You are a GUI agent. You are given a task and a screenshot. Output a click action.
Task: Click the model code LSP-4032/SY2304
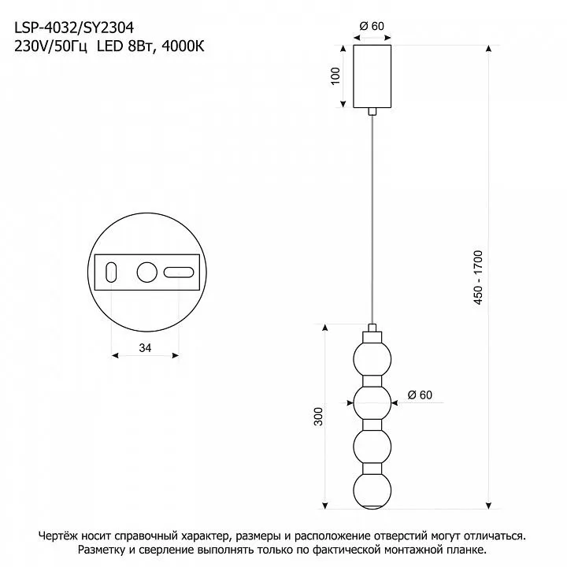[x=74, y=28]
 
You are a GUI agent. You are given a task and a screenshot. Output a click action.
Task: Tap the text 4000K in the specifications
[x=183, y=46]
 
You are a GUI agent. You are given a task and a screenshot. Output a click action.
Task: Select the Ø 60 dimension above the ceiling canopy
[x=372, y=26]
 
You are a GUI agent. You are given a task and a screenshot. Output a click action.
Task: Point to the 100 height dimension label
[x=335, y=76]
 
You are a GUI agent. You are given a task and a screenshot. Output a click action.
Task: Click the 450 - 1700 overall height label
[x=478, y=277]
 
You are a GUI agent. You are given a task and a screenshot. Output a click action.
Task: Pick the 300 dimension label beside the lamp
[x=318, y=417]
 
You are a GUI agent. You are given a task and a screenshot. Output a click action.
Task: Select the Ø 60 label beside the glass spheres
[x=420, y=395]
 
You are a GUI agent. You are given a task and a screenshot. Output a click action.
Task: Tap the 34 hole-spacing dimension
[x=145, y=347]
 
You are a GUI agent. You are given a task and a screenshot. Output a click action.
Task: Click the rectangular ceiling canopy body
[x=372, y=76]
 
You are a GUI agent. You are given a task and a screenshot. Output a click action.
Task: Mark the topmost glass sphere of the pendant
[x=372, y=359]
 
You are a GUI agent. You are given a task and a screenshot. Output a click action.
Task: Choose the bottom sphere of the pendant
[x=372, y=491]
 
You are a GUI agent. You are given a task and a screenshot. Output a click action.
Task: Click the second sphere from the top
[x=372, y=403]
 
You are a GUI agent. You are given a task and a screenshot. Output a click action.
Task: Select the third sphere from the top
[x=372, y=447]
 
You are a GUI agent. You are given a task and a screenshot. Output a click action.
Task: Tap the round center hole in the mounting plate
[x=146, y=272]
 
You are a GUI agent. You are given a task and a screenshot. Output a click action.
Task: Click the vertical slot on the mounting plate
[x=111, y=272]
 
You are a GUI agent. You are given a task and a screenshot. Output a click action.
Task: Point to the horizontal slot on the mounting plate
[x=179, y=272]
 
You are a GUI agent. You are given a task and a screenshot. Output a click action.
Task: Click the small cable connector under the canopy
[x=372, y=111]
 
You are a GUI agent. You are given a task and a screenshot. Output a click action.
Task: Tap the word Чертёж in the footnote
[x=58, y=535]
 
